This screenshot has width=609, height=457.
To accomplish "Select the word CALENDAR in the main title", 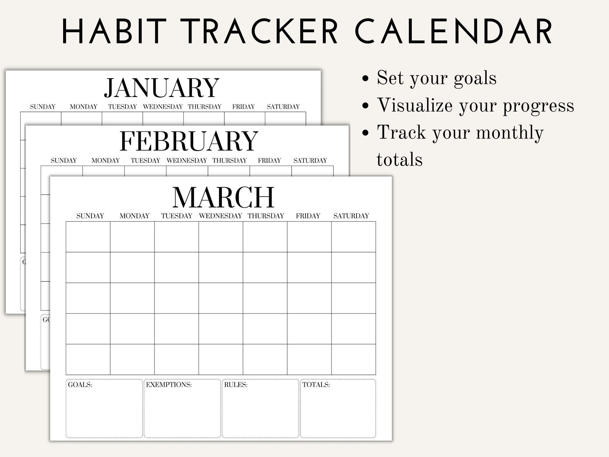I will (454, 32).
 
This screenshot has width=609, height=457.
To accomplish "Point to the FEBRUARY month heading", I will (189, 141).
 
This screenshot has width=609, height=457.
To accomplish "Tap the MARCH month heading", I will (223, 197).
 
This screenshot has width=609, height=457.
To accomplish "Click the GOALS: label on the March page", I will (80, 385).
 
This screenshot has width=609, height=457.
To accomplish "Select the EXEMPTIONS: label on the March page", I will (169, 385).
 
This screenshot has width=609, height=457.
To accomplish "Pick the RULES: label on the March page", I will (236, 385).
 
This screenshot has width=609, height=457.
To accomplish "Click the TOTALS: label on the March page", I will (316, 385).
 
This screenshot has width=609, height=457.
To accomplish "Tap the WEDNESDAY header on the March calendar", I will (220, 216).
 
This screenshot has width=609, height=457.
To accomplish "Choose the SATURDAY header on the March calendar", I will (351, 216).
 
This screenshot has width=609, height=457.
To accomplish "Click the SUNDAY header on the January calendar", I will (43, 107).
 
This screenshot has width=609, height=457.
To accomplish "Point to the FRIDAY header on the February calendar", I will (269, 161).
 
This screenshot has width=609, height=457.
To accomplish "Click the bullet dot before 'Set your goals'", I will (365, 79).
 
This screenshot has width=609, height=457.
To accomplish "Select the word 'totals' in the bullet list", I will (400, 160).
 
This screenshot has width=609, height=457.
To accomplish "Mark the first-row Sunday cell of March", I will (88, 237).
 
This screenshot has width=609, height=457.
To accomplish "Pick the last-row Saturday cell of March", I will (354, 360).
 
